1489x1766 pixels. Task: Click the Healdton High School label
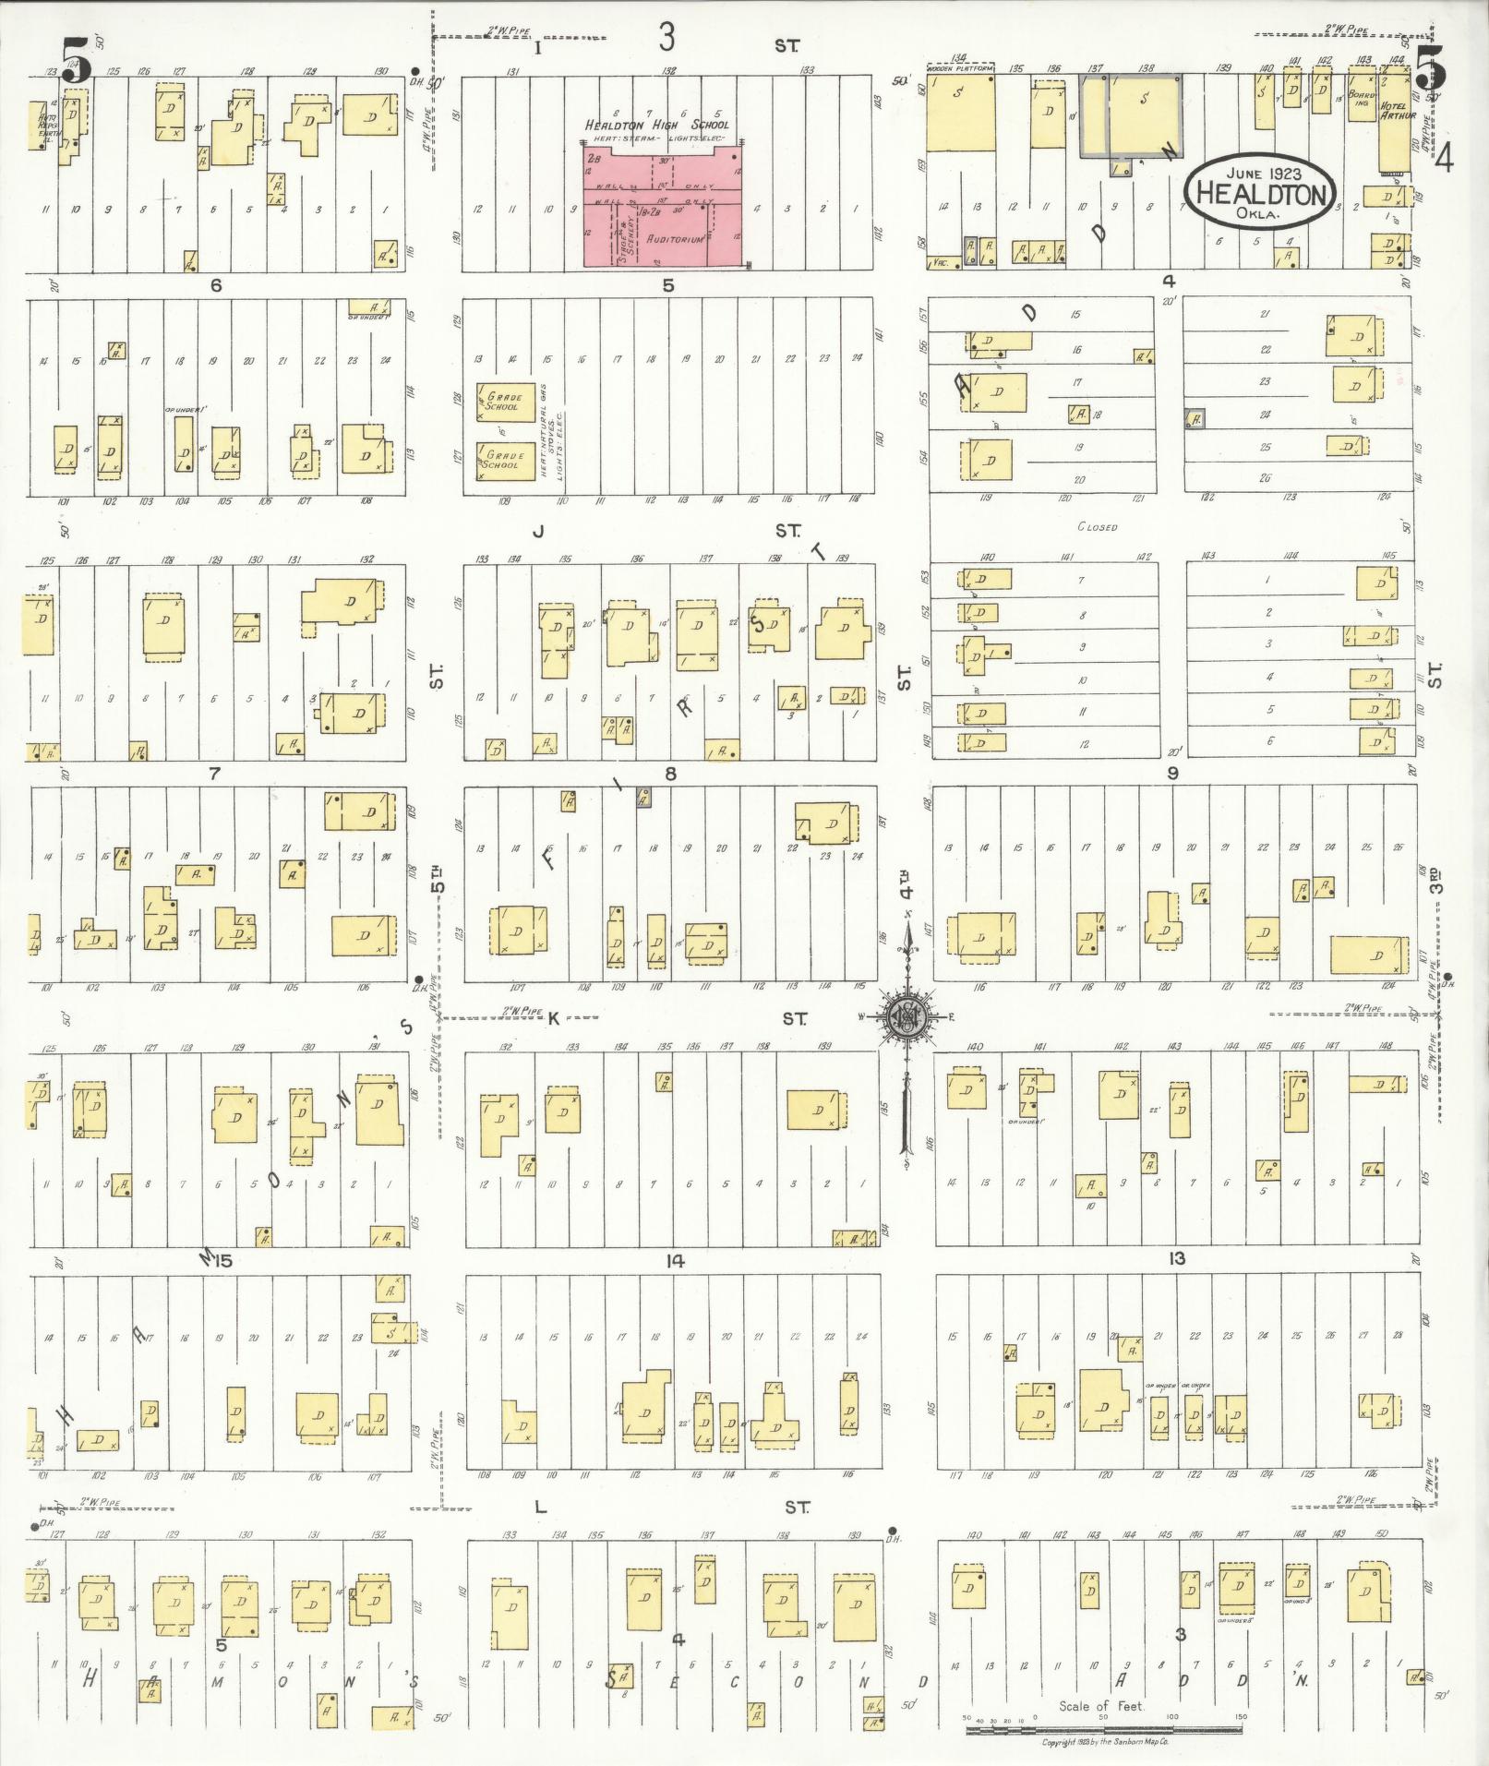(656, 125)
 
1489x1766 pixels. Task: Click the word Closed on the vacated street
(1097, 527)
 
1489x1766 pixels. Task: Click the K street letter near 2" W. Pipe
(554, 1018)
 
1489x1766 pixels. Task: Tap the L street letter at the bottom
(542, 1508)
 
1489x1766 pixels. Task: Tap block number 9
(1172, 774)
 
